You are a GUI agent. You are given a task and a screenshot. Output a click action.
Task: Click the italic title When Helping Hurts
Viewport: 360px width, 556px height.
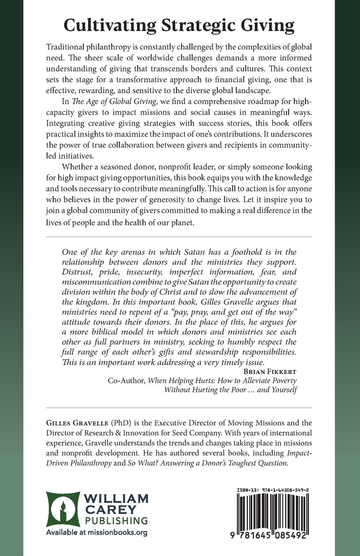177,380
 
